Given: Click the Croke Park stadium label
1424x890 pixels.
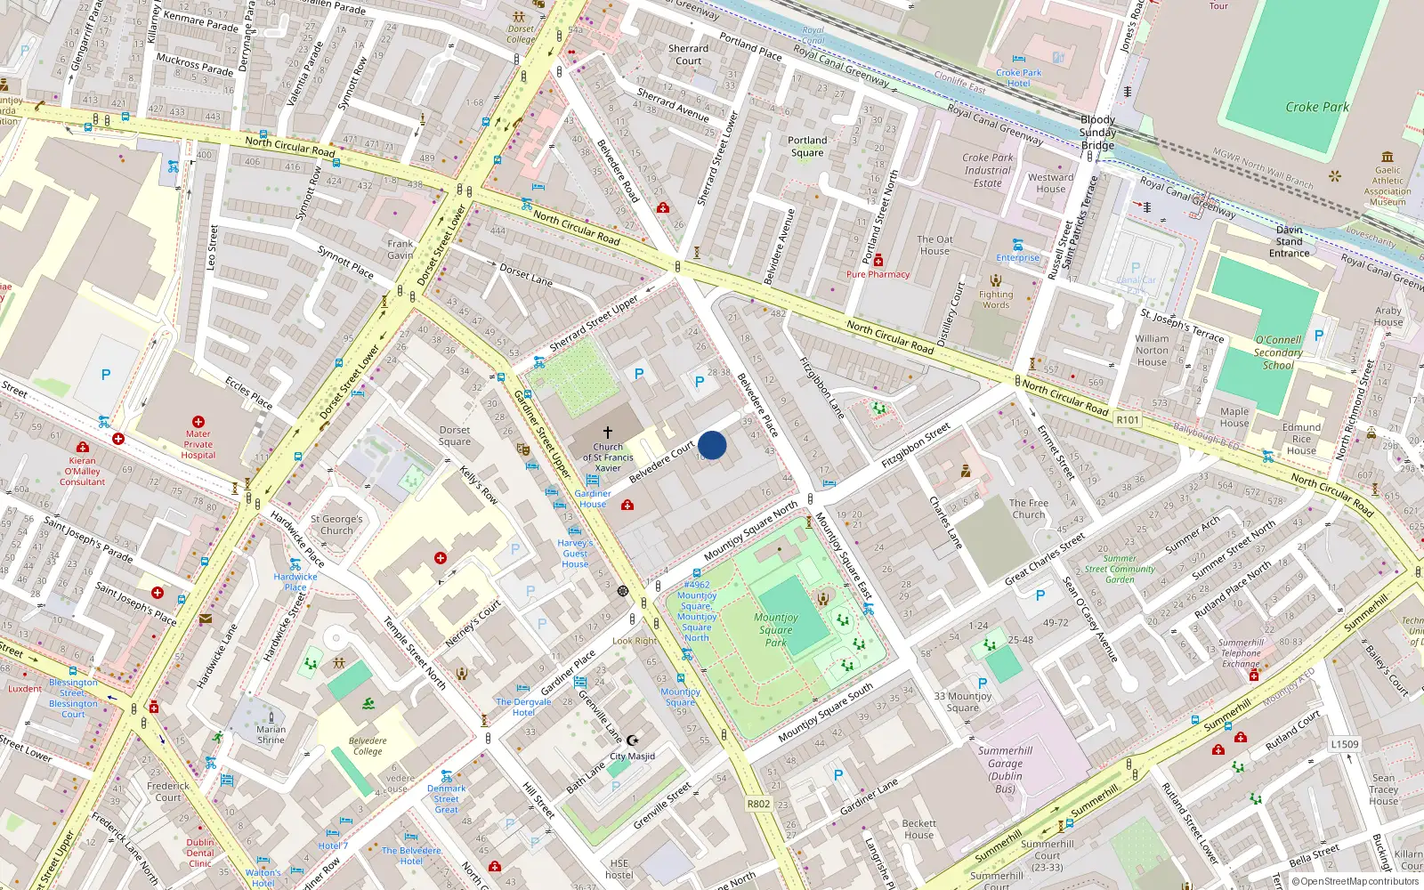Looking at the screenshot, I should (x=1316, y=107).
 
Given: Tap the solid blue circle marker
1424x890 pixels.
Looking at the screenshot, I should (x=712, y=445).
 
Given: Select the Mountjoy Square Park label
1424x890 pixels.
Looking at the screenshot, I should (x=775, y=629).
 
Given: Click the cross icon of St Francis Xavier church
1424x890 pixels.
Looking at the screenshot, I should (x=608, y=432).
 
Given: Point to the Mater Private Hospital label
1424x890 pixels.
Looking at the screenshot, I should (x=198, y=444).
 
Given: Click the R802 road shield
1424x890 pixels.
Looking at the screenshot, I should (x=758, y=804).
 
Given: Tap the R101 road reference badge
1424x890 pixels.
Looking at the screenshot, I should (x=1127, y=420).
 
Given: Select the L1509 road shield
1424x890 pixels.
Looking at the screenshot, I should (x=1345, y=744).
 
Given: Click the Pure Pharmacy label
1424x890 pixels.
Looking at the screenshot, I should (x=878, y=274).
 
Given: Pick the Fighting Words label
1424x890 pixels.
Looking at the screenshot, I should (x=996, y=300).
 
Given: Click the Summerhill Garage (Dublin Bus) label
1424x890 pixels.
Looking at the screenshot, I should (x=1005, y=770).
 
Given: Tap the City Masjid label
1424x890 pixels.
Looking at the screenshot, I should (x=632, y=756).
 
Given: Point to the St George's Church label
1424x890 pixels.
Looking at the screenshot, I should (x=336, y=525).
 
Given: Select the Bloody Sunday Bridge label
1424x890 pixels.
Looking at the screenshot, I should (x=1097, y=133).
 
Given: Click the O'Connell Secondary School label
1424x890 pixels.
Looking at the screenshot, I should (x=1278, y=352).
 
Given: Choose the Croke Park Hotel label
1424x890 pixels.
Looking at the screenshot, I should (x=1018, y=78).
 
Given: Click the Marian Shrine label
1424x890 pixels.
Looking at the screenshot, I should (x=271, y=734).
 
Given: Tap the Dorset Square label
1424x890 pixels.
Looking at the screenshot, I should (x=454, y=436).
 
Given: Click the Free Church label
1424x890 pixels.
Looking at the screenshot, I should (x=1028, y=508).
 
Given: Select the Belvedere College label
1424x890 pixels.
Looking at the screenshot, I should (x=368, y=746).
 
